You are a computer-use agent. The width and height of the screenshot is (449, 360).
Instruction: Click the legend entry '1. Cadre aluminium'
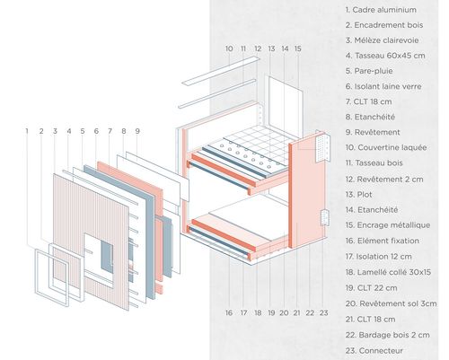click(x=381, y=10)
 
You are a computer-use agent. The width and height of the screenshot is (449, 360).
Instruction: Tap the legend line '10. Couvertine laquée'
click(x=386, y=147)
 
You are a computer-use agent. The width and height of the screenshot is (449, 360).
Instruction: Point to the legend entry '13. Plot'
click(x=358, y=195)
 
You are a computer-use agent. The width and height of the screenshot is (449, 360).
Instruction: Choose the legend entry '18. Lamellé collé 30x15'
click(x=388, y=272)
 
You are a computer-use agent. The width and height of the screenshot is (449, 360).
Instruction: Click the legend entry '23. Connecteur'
click(x=374, y=350)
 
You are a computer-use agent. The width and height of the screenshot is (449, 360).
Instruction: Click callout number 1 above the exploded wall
click(x=27, y=131)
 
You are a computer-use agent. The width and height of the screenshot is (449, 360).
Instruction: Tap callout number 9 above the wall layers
click(x=137, y=131)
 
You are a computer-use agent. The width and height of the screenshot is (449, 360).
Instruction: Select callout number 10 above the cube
click(x=229, y=48)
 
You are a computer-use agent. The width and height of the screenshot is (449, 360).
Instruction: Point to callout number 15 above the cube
click(x=298, y=48)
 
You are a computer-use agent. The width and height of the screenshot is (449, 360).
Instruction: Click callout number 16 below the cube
click(x=229, y=313)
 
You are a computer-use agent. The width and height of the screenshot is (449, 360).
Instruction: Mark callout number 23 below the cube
click(x=323, y=313)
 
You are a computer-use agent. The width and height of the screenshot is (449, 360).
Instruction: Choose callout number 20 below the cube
click(x=284, y=313)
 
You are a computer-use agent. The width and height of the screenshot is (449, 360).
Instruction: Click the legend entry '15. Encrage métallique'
click(x=388, y=225)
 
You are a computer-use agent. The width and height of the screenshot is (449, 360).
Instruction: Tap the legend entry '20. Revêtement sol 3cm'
click(x=391, y=303)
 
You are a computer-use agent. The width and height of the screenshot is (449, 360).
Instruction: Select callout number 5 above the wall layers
click(x=83, y=131)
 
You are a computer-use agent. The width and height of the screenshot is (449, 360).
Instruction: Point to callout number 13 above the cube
click(x=271, y=48)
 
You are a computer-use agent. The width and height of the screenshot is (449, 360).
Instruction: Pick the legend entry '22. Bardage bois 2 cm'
click(x=387, y=335)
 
